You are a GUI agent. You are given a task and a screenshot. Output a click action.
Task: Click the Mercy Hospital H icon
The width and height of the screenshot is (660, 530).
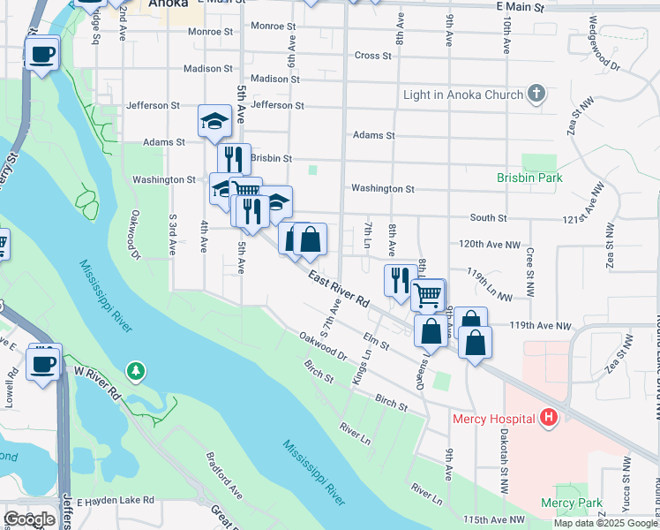pos(549,416)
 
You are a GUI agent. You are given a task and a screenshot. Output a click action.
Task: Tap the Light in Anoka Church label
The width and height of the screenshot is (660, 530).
pos(463,95)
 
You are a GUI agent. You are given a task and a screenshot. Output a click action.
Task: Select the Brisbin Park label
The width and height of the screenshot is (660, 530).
pos(529,177)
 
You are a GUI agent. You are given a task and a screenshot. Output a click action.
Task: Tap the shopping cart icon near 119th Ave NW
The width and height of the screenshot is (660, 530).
pos(428,294)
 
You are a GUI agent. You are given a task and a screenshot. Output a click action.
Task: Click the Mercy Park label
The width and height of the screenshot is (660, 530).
pos(571,503)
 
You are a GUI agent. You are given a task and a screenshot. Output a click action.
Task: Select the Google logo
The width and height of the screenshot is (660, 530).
pos(29,519)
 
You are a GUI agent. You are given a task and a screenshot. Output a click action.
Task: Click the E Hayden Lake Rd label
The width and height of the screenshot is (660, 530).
pos(116,501)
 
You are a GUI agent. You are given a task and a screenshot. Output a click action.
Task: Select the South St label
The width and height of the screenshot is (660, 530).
pos(488,217)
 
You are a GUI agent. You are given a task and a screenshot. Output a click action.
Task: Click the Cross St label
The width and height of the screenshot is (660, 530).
pos(372,56)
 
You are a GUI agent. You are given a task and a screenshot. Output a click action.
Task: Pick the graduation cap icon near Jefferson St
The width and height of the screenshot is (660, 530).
pos(214,120)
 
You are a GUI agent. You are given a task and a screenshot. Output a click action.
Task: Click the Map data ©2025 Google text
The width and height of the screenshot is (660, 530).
pos(604,523)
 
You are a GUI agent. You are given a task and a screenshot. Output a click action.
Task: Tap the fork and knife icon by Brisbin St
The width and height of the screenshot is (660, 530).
pos(234,159)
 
